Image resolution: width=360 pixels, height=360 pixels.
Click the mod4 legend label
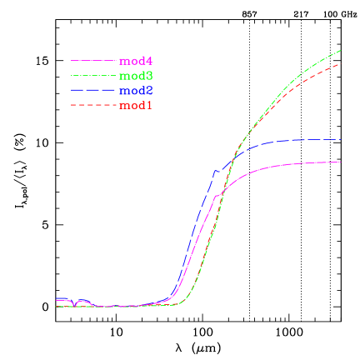coord(136,61)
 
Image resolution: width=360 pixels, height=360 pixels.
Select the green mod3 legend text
coord(136,76)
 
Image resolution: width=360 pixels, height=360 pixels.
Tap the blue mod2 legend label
coord(136,91)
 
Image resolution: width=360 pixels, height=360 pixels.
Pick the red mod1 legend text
coord(136,106)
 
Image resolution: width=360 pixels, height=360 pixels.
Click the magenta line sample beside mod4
coord(92,61)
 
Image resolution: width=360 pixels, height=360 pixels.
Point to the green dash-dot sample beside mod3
coord(92,76)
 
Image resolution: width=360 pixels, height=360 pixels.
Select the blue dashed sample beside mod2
coord(92,91)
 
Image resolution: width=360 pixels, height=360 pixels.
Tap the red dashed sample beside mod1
coord(92,106)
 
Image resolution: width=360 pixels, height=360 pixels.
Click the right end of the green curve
coord(342,50)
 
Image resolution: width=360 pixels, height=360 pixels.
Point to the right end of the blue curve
coord(342,140)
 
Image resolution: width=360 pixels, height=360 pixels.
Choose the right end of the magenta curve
coord(342,162)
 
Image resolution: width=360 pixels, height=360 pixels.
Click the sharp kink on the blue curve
coord(216,171)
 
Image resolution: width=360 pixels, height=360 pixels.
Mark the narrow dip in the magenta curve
coord(75,305)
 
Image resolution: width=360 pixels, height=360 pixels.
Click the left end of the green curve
coord(56,307)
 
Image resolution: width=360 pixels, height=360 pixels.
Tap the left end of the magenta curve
coord(56,299)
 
